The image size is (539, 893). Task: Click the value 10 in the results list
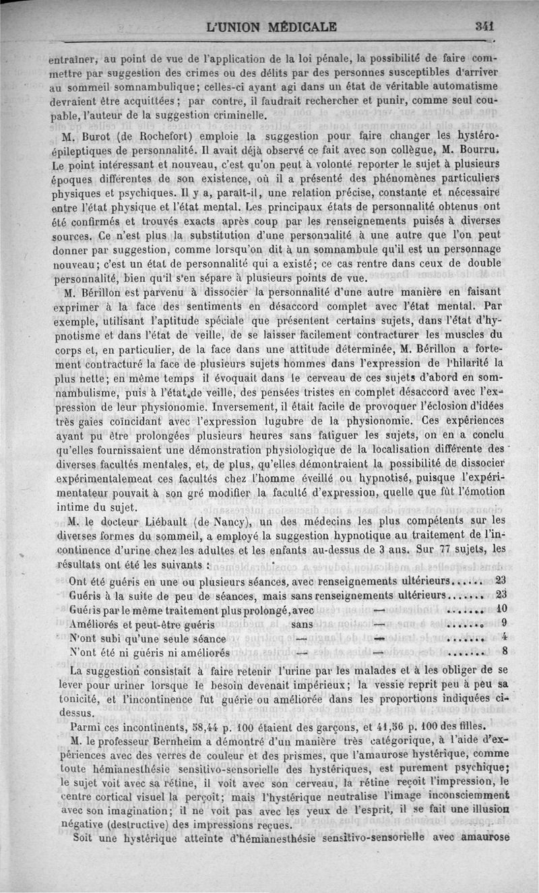coord(501,609)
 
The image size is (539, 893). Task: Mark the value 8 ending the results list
coord(504,652)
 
